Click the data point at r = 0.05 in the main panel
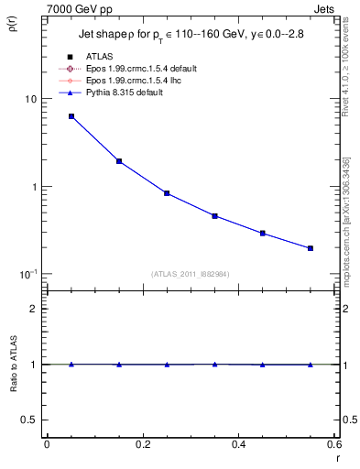click(x=71, y=116)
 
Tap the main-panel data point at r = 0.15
click(x=119, y=161)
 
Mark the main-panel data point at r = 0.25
click(x=167, y=193)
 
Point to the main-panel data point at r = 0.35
click(x=214, y=216)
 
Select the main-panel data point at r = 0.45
click(x=263, y=234)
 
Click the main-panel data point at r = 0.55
click(x=311, y=248)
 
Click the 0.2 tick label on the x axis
click(x=142, y=444)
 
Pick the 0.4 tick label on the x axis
click(x=238, y=444)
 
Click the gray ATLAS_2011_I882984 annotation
click(x=191, y=274)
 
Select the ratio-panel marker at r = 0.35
click(x=214, y=365)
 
